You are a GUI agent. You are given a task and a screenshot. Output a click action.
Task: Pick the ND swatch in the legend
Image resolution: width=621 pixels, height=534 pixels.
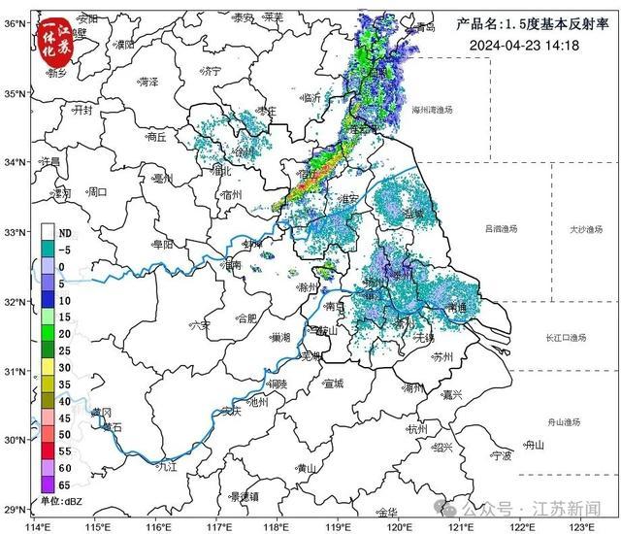(x=48, y=233)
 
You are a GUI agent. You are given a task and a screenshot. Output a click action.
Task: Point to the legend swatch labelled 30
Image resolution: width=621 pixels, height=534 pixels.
(x=48, y=367)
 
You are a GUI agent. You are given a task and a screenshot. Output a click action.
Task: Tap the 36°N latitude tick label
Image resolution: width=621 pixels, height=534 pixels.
(x=13, y=22)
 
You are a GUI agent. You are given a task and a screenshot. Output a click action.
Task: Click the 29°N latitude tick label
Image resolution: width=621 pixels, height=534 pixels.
(x=13, y=510)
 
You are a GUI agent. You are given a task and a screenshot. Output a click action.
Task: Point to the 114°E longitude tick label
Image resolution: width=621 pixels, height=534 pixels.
(x=39, y=525)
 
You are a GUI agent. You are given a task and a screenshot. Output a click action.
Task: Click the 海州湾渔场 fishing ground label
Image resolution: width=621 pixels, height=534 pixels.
(x=435, y=110)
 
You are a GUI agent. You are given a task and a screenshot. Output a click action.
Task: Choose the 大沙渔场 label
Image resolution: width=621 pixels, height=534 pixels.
(x=586, y=229)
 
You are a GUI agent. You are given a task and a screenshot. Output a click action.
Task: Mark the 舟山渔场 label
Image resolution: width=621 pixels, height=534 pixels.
(x=563, y=421)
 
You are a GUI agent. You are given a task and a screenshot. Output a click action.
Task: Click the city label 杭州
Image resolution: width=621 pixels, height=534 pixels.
(x=418, y=428)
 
